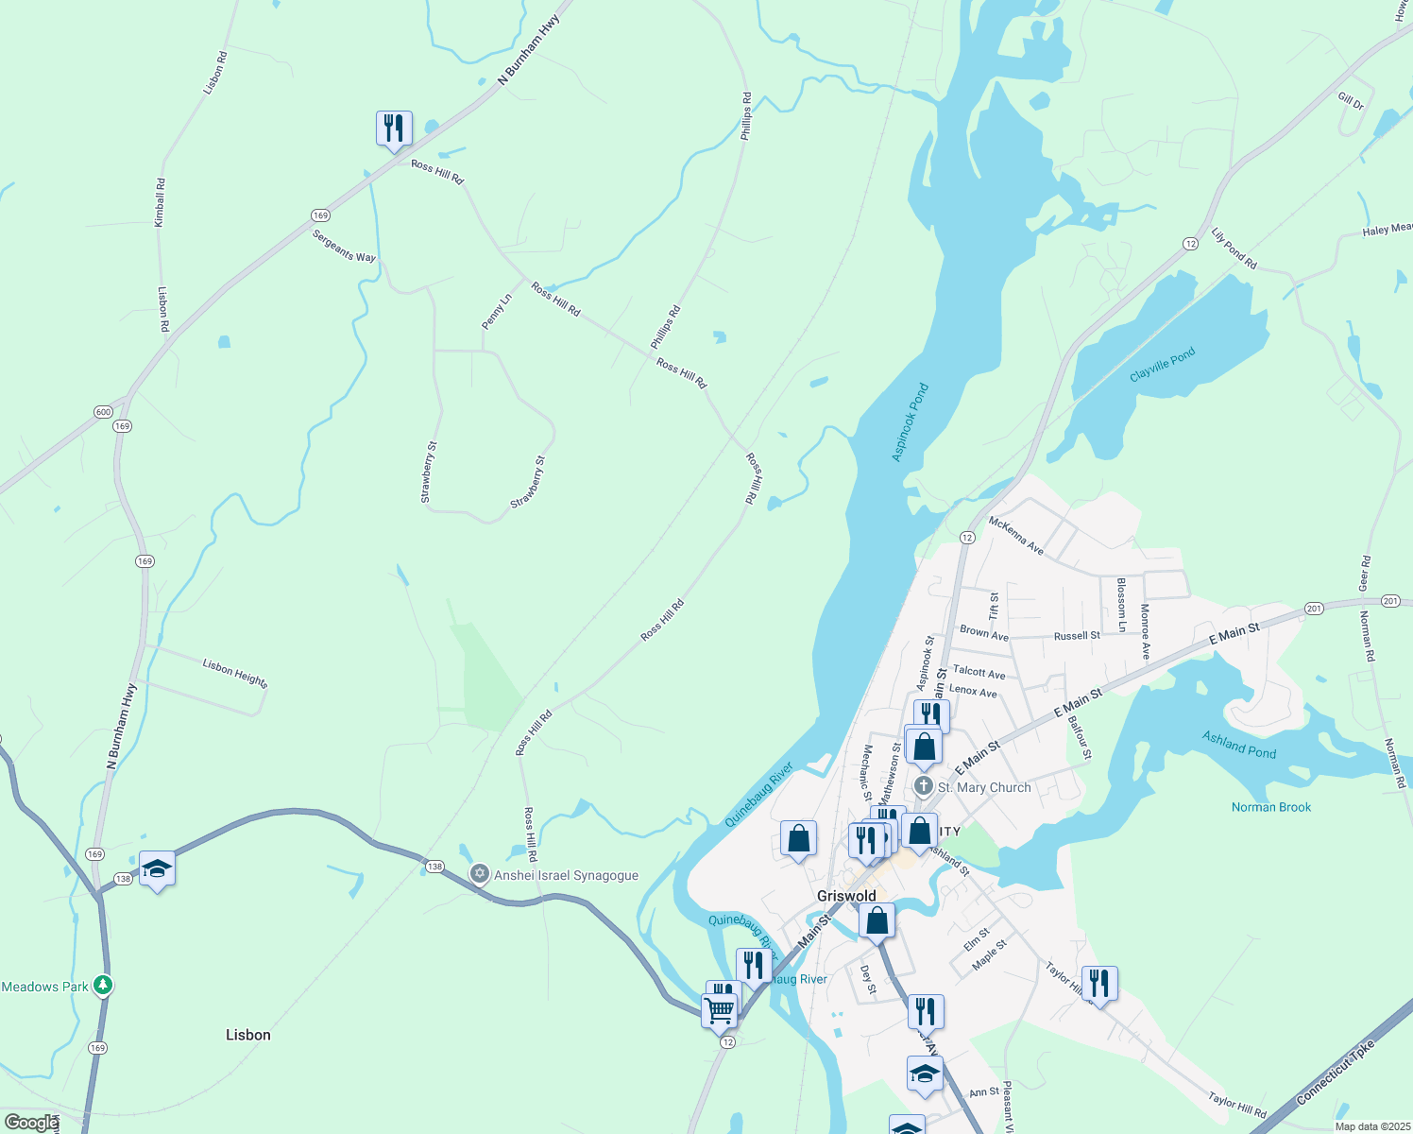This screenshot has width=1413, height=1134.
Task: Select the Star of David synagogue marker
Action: tap(480, 874)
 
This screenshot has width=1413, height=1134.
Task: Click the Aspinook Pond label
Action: tap(911, 422)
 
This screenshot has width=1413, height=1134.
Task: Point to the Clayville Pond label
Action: tap(1163, 365)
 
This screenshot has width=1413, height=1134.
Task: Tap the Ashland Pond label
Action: tap(1238, 745)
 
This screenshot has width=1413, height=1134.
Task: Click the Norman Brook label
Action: tap(1271, 807)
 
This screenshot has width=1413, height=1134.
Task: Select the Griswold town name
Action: tap(846, 896)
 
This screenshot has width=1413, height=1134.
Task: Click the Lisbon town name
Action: tap(248, 1035)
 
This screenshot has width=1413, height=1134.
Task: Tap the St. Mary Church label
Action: tap(984, 787)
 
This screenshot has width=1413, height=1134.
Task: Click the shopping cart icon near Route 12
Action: tap(719, 1010)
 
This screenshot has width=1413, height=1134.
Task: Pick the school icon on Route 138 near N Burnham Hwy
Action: tap(157, 868)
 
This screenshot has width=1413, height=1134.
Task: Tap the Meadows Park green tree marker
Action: tap(103, 986)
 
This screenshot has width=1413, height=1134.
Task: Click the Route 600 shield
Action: tap(103, 412)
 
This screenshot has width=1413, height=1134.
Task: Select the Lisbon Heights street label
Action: tap(235, 674)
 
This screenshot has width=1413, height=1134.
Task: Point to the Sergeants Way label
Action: tap(344, 246)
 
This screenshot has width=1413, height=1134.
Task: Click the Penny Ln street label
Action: tap(497, 312)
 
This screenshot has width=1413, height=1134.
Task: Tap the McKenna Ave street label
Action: tap(1016, 535)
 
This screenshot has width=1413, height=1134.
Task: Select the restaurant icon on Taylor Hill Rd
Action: tap(1098, 984)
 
